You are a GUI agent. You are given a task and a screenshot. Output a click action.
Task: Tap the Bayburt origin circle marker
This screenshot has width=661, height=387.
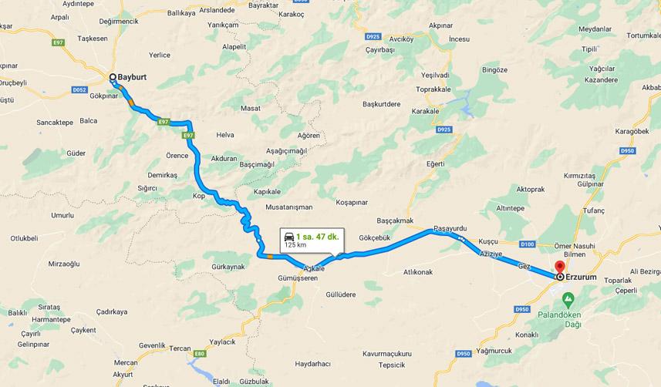(113, 77)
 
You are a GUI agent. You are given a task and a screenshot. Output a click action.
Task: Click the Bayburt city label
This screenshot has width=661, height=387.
(132, 77)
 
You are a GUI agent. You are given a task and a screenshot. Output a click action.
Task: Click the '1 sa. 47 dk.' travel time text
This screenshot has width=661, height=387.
(317, 236)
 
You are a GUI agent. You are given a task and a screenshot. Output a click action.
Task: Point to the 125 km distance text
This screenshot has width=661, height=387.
(295, 245)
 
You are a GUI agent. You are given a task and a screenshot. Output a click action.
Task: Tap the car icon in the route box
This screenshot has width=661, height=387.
(289, 236)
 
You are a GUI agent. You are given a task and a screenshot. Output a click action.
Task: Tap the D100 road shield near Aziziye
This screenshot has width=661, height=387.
(527, 244)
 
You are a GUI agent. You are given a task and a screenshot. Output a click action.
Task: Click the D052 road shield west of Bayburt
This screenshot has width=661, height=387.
(79, 89)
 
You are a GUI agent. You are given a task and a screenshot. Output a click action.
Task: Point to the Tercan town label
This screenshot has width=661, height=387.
(180, 348)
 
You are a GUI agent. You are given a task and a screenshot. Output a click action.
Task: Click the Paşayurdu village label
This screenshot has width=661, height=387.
(451, 229)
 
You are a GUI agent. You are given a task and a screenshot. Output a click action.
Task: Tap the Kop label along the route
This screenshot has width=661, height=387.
(199, 196)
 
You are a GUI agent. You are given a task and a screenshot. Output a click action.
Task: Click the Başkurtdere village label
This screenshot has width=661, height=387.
(382, 103)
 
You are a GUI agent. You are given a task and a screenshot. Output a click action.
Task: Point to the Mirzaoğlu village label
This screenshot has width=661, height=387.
(64, 264)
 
